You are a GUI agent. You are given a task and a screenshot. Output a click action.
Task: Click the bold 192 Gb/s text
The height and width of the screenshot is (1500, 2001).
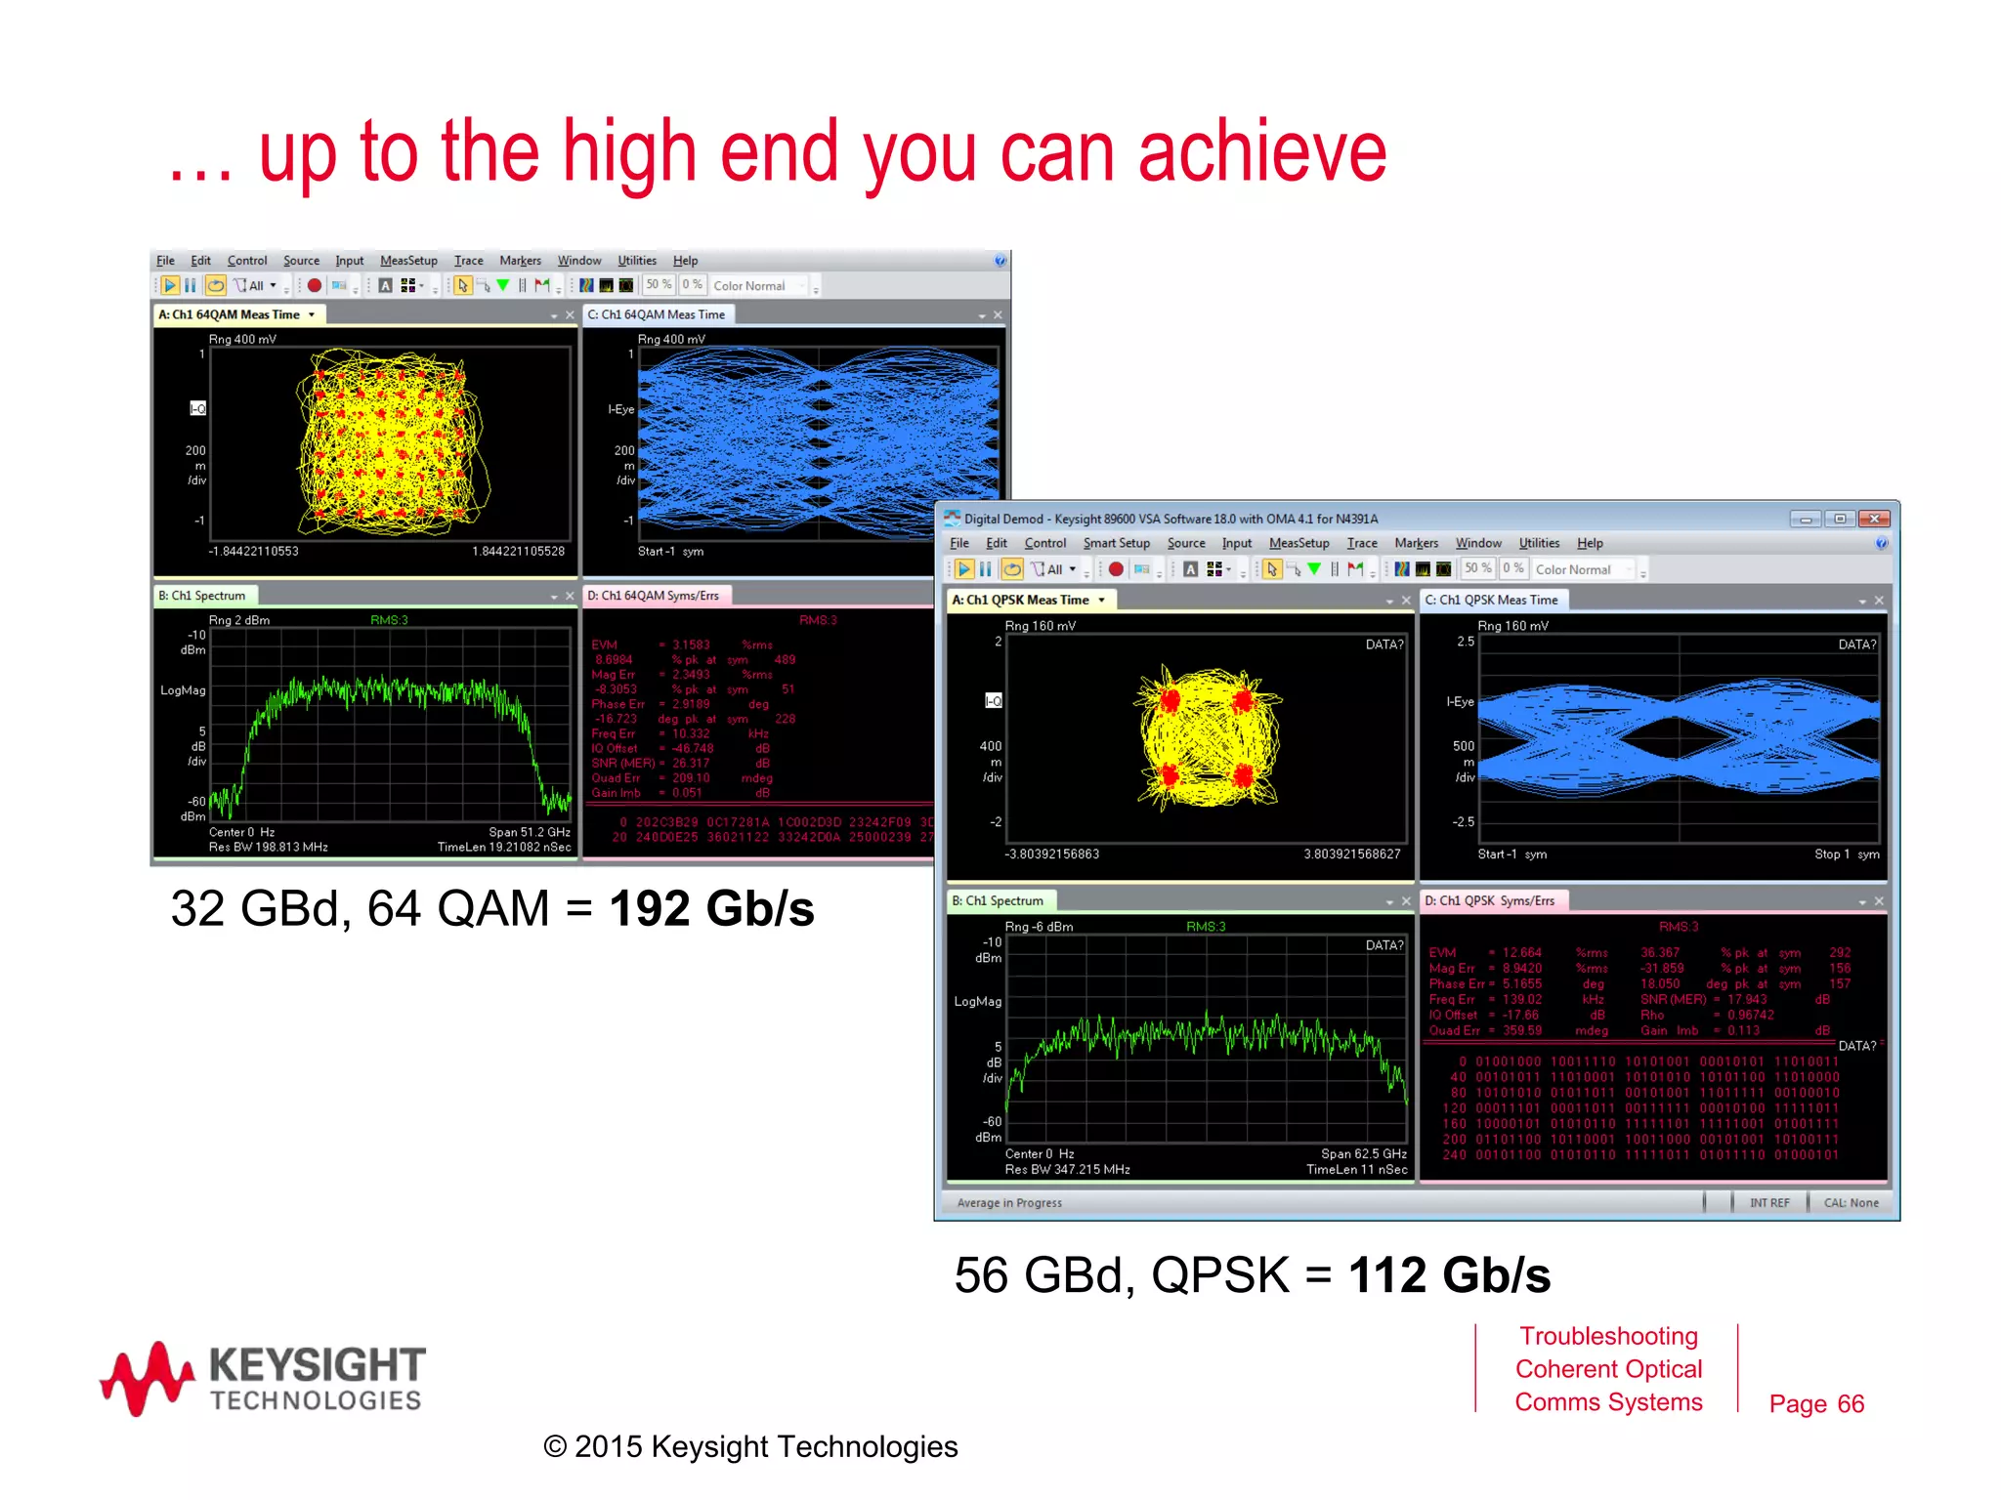[x=711, y=909]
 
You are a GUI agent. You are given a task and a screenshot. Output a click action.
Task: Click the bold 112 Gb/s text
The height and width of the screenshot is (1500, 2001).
[x=1449, y=1275]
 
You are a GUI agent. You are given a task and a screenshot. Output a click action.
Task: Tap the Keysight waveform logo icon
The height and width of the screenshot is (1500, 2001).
[x=147, y=1378]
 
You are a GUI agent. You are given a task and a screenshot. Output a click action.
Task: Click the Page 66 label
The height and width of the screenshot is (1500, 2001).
[x=1816, y=1403]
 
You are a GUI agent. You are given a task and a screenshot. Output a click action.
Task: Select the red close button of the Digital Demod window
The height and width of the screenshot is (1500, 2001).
[x=1873, y=519]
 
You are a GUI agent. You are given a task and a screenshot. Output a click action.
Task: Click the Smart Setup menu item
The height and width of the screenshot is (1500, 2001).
[x=1116, y=543]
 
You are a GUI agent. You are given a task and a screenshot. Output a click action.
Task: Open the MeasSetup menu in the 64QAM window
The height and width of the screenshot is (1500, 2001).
[x=408, y=261]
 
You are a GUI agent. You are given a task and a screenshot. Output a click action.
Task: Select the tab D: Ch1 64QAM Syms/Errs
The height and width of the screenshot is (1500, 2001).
[x=653, y=596]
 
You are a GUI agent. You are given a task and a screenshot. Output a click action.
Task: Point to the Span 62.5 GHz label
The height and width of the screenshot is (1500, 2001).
[x=1363, y=1153]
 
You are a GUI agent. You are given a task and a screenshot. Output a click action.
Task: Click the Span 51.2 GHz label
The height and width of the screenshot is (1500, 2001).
[x=529, y=832]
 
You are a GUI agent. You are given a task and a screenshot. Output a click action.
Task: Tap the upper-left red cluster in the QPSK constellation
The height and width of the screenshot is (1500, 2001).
[x=1171, y=699]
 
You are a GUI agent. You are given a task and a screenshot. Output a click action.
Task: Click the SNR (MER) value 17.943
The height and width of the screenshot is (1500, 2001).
[x=1747, y=999]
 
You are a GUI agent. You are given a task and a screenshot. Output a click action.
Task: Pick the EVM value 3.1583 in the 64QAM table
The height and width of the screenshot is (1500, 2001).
[x=691, y=645]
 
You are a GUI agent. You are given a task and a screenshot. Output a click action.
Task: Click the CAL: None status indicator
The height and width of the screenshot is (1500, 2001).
[x=1851, y=1203]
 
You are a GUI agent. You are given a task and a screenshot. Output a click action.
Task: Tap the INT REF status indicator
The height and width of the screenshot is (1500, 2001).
[x=1769, y=1203]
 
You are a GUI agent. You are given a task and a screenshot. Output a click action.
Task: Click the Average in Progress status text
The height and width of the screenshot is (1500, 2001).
[x=1009, y=1203]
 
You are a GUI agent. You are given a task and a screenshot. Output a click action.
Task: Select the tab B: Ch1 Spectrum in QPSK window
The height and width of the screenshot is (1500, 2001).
[x=998, y=900]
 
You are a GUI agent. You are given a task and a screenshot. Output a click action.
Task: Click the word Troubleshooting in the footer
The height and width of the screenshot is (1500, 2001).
[x=1608, y=1336]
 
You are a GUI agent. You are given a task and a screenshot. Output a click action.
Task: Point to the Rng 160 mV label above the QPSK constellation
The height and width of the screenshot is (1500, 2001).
[x=1040, y=626]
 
